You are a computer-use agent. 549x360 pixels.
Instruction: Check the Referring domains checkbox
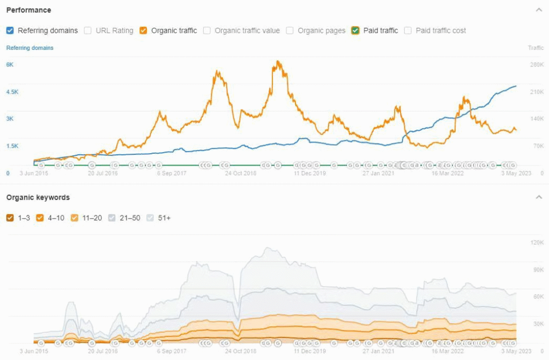click(10, 31)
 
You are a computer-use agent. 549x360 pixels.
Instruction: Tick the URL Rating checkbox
click(88, 31)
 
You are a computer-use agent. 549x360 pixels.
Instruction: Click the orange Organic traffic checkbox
click(143, 31)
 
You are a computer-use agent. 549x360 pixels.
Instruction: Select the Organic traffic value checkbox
click(206, 31)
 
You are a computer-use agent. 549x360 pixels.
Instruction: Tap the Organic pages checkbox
click(290, 31)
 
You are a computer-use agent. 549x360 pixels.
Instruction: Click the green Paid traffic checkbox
click(355, 31)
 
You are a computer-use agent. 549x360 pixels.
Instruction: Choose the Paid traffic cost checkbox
click(407, 31)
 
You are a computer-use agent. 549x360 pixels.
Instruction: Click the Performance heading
click(28, 10)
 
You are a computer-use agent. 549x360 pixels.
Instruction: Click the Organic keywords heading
click(38, 197)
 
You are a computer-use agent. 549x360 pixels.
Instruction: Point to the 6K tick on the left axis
click(10, 65)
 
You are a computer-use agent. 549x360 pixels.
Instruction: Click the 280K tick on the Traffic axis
click(537, 65)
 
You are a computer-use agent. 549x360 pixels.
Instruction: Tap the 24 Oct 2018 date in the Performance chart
click(241, 173)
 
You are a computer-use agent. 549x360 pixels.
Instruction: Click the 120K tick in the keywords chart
click(537, 243)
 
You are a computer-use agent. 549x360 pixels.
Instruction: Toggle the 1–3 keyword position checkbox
click(10, 218)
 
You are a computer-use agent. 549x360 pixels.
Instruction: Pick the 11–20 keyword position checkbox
click(75, 218)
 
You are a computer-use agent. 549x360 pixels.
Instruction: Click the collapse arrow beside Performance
click(539, 10)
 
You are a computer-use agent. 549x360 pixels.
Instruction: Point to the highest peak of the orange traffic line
click(277, 62)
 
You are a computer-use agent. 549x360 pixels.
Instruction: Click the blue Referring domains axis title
click(29, 48)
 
